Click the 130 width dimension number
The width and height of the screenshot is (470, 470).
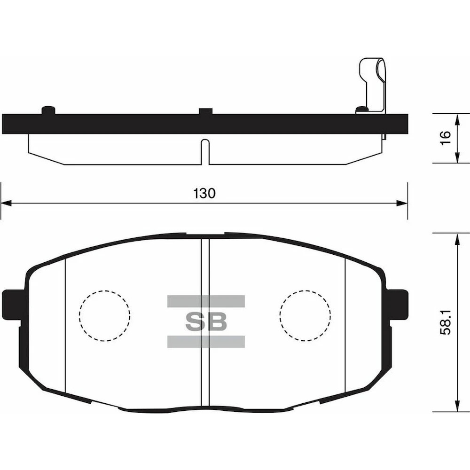204,193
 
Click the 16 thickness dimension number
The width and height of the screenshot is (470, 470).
446,138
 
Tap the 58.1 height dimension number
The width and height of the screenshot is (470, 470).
446,322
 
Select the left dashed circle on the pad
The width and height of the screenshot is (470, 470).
105,316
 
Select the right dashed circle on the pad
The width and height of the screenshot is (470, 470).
305,316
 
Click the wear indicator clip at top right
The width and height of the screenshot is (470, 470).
372,86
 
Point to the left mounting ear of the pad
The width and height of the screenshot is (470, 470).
12,305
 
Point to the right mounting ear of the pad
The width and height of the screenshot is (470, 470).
398,305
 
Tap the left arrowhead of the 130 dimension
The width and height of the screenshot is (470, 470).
6,203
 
